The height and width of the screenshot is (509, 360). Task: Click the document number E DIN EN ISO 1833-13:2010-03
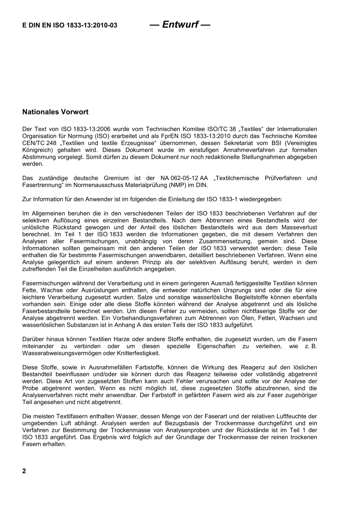pos(70,25)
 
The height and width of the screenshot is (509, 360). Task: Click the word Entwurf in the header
pos(180,25)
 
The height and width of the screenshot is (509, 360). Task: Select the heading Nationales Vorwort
pos(55,112)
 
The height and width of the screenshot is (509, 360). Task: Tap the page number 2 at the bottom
pos(24,471)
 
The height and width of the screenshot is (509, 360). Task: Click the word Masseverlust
pos(299,227)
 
